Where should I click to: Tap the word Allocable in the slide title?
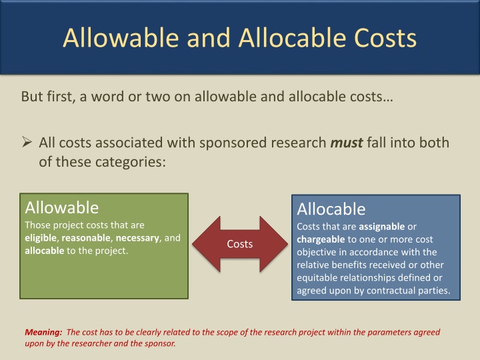291,37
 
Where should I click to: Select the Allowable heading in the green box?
61,207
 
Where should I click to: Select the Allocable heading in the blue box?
331,209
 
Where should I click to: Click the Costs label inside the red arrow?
239,244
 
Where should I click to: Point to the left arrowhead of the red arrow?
203,243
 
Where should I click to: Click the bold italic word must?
346,143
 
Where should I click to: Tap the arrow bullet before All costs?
27,143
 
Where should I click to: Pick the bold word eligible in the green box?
40,238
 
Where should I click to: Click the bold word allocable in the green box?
43,251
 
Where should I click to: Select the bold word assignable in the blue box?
381,227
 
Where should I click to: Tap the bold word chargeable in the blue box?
321,239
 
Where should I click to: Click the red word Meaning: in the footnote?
43,332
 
